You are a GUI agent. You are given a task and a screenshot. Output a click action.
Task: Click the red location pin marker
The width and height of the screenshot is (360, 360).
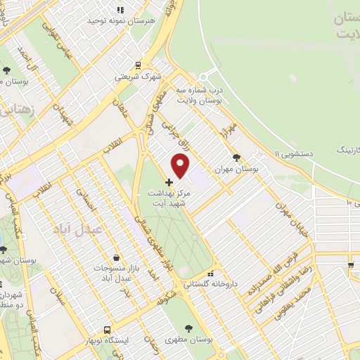tap(181, 165)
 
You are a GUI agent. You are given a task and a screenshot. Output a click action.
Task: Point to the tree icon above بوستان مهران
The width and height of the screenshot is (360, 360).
tap(236, 157)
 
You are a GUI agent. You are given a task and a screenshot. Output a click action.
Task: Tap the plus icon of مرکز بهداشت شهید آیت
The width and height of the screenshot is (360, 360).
tap(169, 181)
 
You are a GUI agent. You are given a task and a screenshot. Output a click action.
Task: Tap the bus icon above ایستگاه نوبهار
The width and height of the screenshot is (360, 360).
tap(107, 329)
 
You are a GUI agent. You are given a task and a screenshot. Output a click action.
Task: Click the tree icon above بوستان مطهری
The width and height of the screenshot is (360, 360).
tap(189, 328)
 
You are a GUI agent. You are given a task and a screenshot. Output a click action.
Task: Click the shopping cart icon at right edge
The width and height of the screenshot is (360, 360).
tap(350, 264)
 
